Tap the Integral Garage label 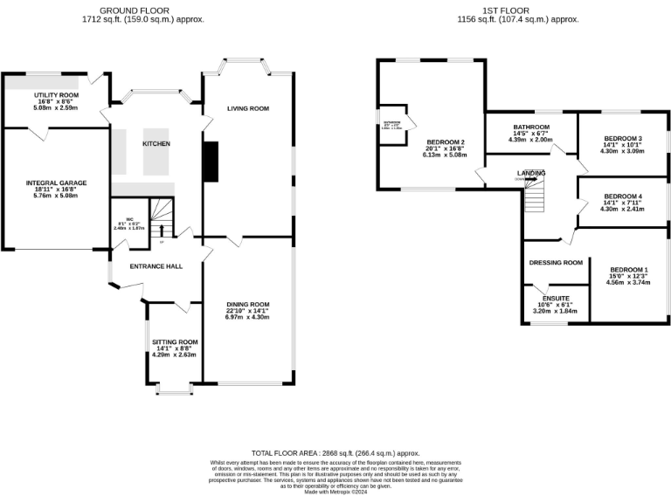pos(56,183)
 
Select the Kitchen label pos(156,143)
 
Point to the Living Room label pos(248,109)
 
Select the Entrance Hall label pos(156,265)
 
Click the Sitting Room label pos(174,341)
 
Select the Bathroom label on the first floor pos(531,127)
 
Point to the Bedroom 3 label pos(623,138)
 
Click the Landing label pos(532,173)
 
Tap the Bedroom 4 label pos(623,196)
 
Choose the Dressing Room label pos(556,262)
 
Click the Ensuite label pos(556,298)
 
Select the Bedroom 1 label pos(629,269)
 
